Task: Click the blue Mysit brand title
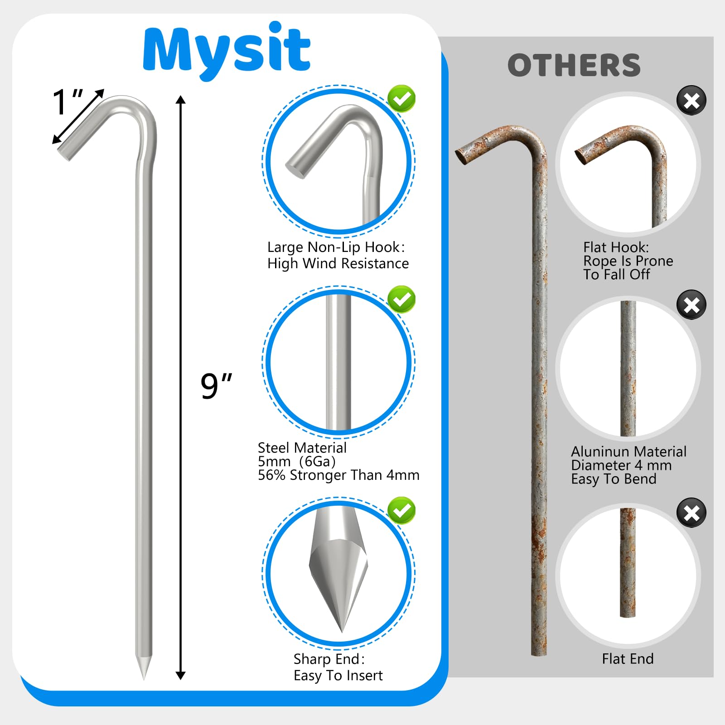(227, 50)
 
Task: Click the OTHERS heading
(574, 65)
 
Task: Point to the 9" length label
(216, 386)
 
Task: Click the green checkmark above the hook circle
(401, 99)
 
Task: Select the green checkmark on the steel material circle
(401, 300)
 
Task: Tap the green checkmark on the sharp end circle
(401, 511)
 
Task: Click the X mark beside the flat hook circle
(691, 100)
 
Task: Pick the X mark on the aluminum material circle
(691, 305)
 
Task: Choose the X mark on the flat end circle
(691, 513)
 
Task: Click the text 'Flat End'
(628, 659)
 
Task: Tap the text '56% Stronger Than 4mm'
(338, 475)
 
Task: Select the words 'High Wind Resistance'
(338, 264)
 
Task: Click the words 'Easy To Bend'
(614, 479)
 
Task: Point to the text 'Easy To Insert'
(338, 676)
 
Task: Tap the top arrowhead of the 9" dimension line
(181, 100)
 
